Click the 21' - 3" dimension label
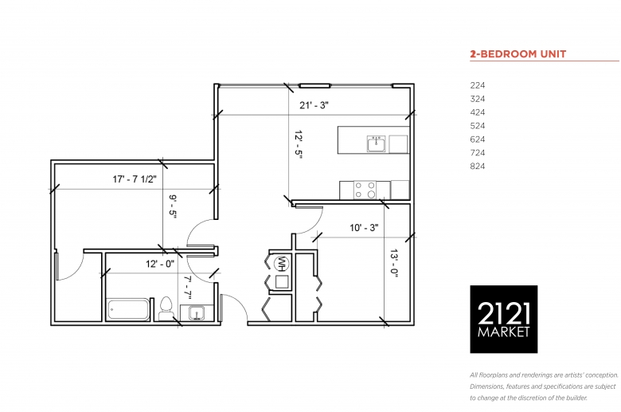tap(314, 105)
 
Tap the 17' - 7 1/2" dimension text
tap(135, 179)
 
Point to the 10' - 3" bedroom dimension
tap(364, 228)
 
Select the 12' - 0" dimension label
tap(159, 264)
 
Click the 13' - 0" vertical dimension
tap(393, 263)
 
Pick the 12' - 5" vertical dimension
tap(299, 145)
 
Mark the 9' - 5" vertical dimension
tap(173, 206)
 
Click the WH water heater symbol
tap(282, 263)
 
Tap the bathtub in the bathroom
tap(128, 310)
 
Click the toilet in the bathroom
tap(166, 308)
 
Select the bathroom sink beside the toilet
tap(197, 313)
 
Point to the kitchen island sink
tap(376, 143)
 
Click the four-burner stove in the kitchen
tap(365, 190)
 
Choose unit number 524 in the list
tap(477, 126)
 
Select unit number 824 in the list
tap(477, 166)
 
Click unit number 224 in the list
tap(477, 85)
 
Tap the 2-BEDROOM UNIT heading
tap(518, 54)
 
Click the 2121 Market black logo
tap(503, 320)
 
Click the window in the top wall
tap(314, 85)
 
